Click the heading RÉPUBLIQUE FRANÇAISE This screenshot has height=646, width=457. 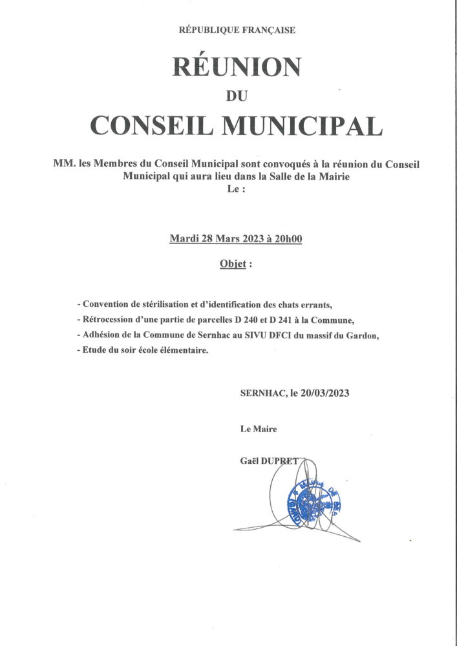point(236,30)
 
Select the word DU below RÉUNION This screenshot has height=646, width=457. point(236,96)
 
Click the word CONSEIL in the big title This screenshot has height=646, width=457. point(152,126)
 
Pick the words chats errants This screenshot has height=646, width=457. point(306,304)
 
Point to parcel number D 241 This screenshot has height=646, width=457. point(293,320)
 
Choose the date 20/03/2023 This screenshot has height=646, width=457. point(325,392)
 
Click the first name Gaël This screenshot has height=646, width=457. point(250,460)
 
